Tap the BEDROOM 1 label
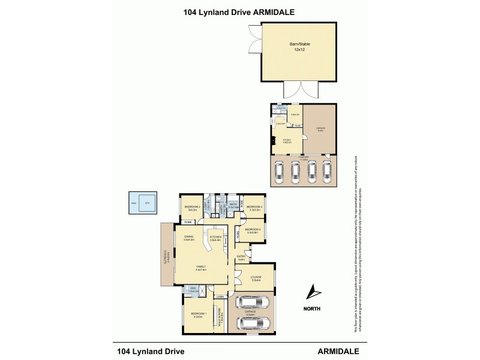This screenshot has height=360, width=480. click(x=199, y=314)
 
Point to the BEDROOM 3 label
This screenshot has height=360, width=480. click(x=253, y=229)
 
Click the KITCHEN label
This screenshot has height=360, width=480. click(x=215, y=237)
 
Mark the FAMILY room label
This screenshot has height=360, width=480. click(x=200, y=268)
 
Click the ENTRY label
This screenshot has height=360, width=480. click(x=241, y=257)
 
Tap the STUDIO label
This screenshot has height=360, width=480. click(x=287, y=140)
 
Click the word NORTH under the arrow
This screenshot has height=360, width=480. click(x=311, y=309)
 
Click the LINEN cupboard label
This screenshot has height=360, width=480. click(x=220, y=297)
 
